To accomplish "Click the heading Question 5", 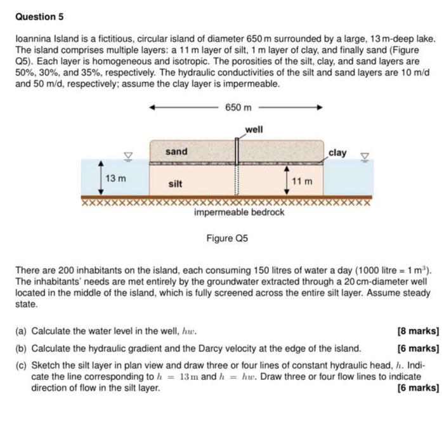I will pos(39,16).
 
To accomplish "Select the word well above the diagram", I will pos(254,129).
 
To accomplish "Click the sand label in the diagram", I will pos(176,151).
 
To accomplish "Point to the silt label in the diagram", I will pos(176,184).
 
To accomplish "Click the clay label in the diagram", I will pos(338,152).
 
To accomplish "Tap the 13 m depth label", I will pos(115,178).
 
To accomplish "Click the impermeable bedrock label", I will pos(239,212).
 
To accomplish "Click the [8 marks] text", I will pos(417,330).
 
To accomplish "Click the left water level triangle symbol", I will pos(127,154).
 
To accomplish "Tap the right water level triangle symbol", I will pos(364,154).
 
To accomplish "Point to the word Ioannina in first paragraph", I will pos(34,39).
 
